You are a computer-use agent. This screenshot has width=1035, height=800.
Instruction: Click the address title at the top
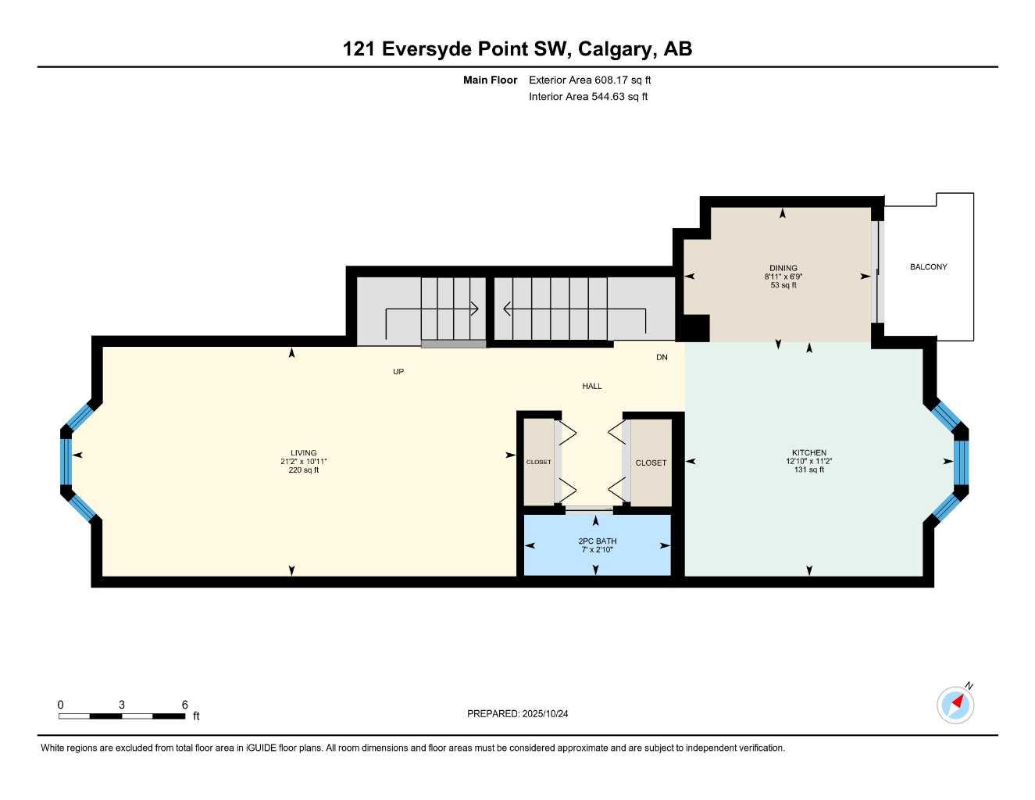[x=517, y=49]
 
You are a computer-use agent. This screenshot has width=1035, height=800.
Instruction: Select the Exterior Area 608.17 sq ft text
[x=590, y=80]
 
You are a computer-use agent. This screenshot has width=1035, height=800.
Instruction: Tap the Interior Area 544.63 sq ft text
[x=588, y=97]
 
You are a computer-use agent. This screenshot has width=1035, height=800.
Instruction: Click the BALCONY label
[x=928, y=267]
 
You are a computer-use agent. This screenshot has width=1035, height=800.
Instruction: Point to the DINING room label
[x=783, y=268]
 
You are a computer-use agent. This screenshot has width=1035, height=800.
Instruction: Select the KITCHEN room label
[x=808, y=453]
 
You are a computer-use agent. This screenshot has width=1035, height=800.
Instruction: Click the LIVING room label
[x=303, y=453]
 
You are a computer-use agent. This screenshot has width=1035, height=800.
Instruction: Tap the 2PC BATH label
[x=597, y=541]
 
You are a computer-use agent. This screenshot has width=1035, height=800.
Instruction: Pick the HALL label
[x=591, y=387]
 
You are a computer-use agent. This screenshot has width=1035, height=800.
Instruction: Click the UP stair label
[x=398, y=372]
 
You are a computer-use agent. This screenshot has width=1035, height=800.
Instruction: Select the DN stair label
[x=662, y=358]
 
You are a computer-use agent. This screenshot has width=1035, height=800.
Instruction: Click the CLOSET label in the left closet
[x=538, y=462]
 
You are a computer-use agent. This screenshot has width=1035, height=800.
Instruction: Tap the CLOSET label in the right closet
[x=651, y=463]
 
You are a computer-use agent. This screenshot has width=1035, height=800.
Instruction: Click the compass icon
[x=955, y=705]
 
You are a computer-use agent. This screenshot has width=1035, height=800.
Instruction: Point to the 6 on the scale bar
[x=184, y=705]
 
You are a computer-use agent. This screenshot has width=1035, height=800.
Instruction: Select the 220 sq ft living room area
[x=303, y=470]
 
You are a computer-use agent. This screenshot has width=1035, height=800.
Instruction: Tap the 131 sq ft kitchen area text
[x=808, y=470]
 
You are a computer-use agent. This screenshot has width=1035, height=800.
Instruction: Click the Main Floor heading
[x=490, y=80]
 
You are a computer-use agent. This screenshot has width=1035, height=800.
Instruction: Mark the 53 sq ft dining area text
[x=783, y=285]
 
